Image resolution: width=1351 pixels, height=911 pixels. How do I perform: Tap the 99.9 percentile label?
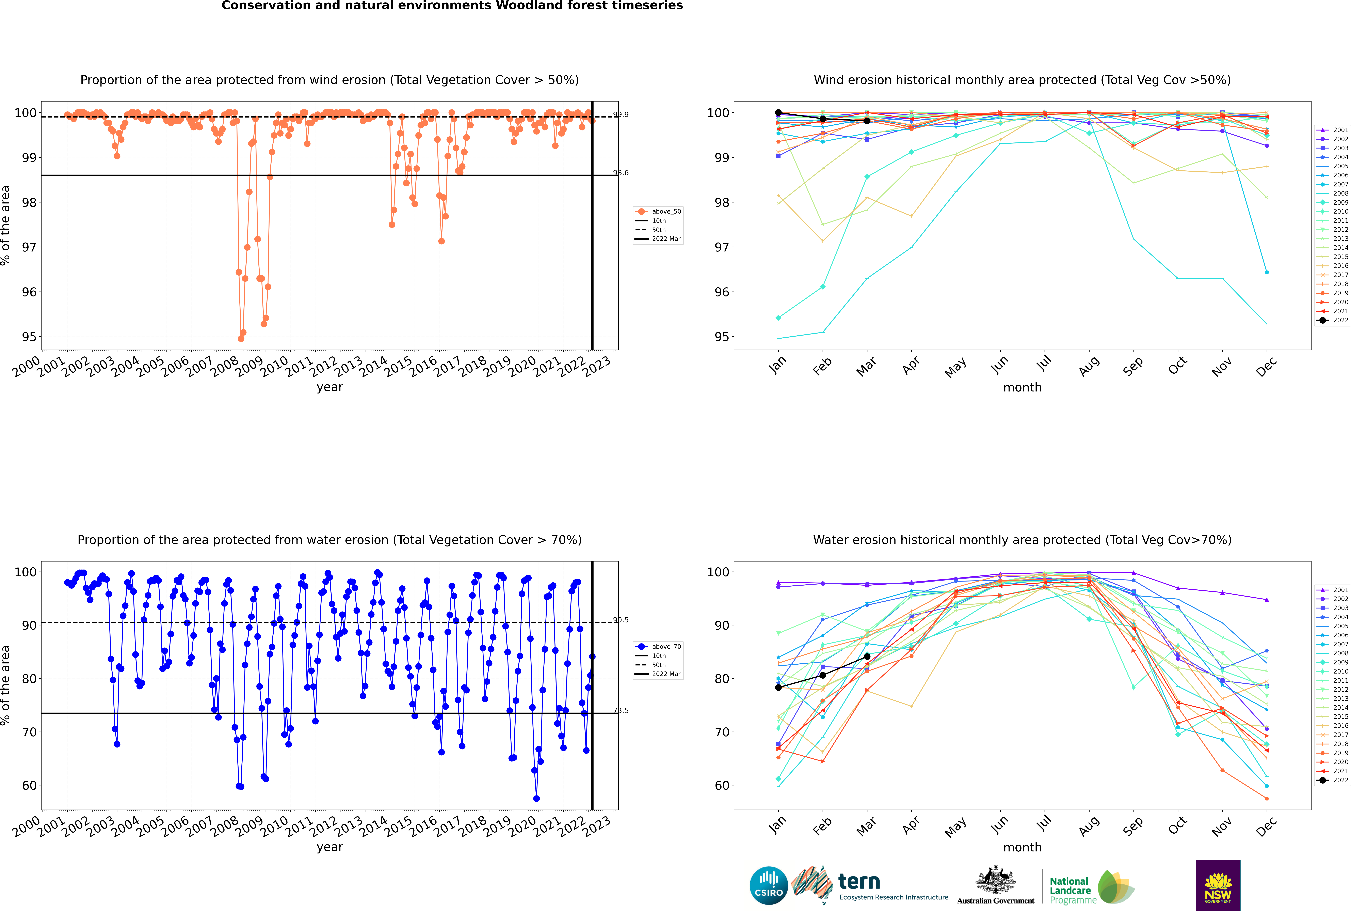pyautogui.click(x=621, y=114)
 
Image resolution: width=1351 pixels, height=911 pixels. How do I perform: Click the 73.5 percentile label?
pyautogui.click(x=621, y=711)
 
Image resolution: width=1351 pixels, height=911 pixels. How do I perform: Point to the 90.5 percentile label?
pyautogui.click(x=621, y=620)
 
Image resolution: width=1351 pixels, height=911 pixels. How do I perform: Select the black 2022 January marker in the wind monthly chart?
pyautogui.click(x=778, y=113)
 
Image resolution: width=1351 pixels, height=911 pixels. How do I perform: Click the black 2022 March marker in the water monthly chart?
pyautogui.click(x=867, y=657)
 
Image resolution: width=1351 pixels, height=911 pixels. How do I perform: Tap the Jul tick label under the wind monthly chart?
pyautogui.click(x=1044, y=364)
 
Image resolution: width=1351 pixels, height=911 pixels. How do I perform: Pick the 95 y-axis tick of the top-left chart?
pyautogui.click(x=29, y=337)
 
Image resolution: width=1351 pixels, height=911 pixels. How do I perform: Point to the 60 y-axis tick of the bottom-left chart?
pyautogui.click(x=29, y=786)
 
